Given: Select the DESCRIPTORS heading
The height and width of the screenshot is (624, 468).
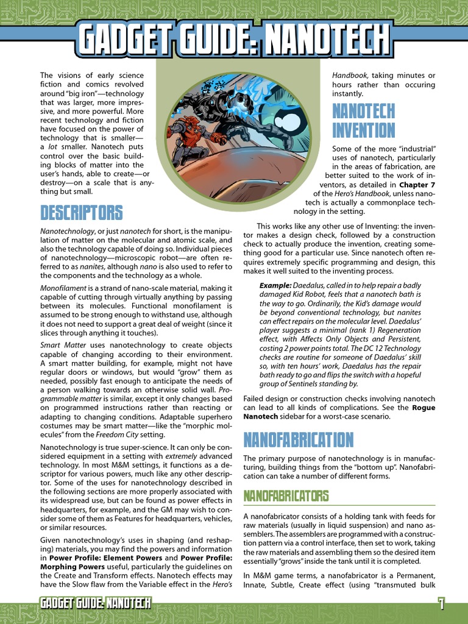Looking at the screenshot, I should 81,213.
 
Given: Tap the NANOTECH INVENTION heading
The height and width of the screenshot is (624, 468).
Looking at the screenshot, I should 363,121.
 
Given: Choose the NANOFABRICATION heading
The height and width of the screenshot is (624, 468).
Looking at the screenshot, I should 298,439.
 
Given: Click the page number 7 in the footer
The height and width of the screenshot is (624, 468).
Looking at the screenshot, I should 441,604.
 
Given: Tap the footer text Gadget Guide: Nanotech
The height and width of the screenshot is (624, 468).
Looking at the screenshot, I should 95,604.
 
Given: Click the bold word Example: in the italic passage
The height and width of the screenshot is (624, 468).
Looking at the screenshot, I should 277,285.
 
